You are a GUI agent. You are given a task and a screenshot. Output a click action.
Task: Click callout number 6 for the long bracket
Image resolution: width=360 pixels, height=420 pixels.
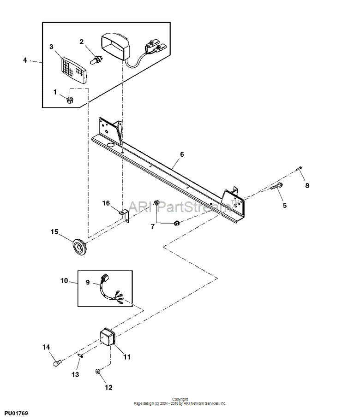pos(182,154)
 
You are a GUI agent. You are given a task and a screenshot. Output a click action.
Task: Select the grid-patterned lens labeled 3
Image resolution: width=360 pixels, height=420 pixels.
pos(74,70)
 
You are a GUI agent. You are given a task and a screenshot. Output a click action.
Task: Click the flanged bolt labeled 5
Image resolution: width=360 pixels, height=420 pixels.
pos(276,186)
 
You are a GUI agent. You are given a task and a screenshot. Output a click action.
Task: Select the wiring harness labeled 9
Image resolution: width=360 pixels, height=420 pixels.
pos(111,290)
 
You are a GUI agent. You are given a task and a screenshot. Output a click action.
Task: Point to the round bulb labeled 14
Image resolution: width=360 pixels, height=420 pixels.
pos(57,363)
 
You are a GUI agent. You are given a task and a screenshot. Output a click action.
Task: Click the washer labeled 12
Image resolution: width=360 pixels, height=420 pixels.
pos(98,371)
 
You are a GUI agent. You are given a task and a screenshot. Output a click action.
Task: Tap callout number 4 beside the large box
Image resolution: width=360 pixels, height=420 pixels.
pos(25,60)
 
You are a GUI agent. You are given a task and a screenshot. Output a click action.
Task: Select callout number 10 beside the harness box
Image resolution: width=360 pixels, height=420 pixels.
pos(64,281)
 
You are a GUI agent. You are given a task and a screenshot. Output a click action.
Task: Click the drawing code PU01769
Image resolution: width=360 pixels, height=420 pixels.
pos(16,413)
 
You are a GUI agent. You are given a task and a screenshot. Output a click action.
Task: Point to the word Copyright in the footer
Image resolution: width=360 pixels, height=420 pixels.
pos(180,399)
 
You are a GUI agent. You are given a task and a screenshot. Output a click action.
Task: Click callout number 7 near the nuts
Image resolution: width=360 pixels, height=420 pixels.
pos(152,226)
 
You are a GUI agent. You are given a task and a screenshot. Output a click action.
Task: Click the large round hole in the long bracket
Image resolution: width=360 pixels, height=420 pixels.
pos(110,145)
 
